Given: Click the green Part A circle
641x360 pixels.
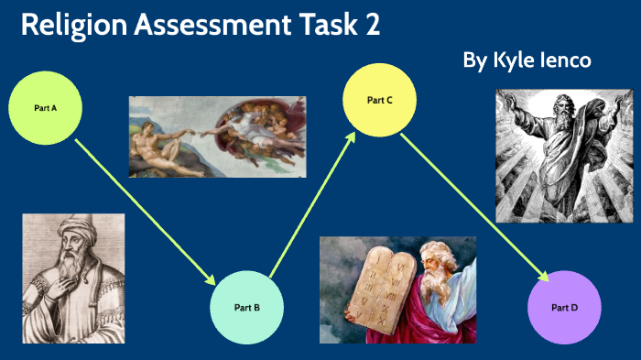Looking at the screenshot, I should [46, 108].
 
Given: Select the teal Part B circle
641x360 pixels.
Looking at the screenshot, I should [247, 307].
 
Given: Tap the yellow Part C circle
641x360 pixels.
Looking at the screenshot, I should [380, 99].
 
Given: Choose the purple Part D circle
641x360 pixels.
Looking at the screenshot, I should [565, 307].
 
